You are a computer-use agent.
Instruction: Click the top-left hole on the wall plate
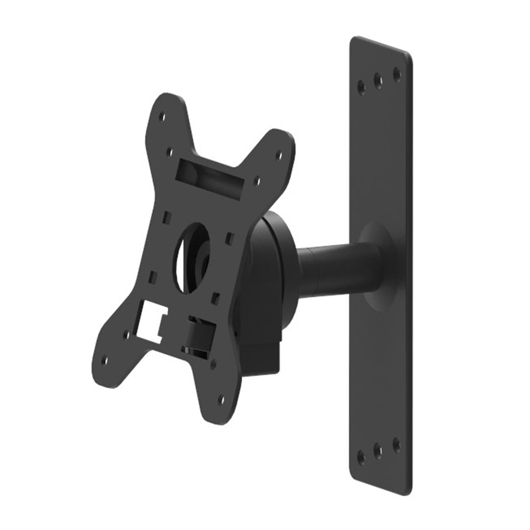[362, 86]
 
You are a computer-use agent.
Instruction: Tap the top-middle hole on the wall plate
[378, 80]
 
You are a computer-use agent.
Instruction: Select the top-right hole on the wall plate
[397, 75]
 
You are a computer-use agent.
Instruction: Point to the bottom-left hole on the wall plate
[361, 457]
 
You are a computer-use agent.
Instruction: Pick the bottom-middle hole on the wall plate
[378, 450]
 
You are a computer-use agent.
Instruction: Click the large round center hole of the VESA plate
[192, 258]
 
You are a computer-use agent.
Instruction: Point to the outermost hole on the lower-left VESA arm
[104, 361]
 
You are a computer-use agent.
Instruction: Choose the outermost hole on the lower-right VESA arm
[220, 400]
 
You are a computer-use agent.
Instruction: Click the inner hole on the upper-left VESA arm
[169, 152]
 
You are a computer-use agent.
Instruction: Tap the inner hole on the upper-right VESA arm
[256, 181]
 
